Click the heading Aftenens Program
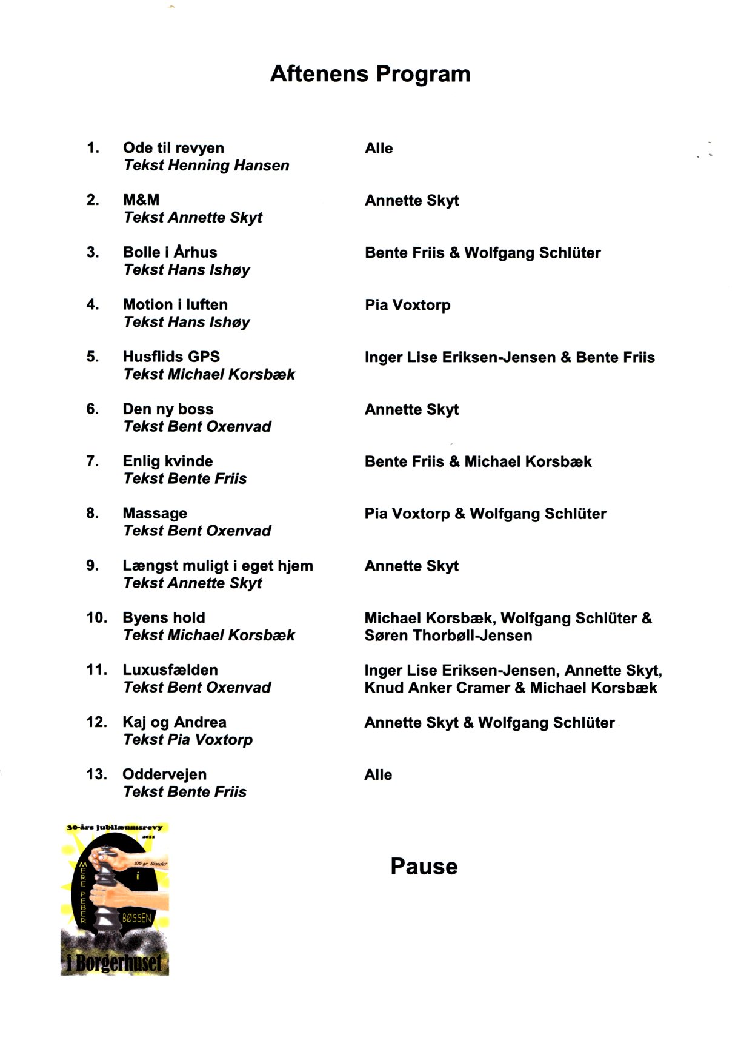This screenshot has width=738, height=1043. (x=370, y=74)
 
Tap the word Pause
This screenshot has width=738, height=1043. (x=424, y=866)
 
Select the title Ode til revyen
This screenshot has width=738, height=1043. (x=173, y=148)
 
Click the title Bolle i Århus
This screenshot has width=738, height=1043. (x=170, y=252)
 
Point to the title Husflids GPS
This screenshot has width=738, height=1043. (x=171, y=357)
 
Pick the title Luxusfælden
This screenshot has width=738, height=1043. (x=170, y=670)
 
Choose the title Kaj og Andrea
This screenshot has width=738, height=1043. (x=175, y=722)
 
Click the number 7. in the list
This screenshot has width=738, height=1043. (x=93, y=461)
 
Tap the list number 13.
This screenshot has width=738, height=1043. (x=96, y=774)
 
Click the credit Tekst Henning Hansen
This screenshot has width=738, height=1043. (x=206, y=166)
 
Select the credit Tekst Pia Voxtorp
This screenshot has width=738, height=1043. (x=188, y=740)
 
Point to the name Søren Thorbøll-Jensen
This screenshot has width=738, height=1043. (x=448, y=636)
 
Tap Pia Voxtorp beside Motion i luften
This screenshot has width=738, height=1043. (x=407, y=305)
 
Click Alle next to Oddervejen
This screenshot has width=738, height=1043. (x=378, y=774)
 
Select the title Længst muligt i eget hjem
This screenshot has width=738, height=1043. (x=218, y=566)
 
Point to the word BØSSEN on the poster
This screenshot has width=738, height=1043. (x=136, y=918)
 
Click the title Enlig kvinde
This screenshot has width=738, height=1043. (x=168, y=461)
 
